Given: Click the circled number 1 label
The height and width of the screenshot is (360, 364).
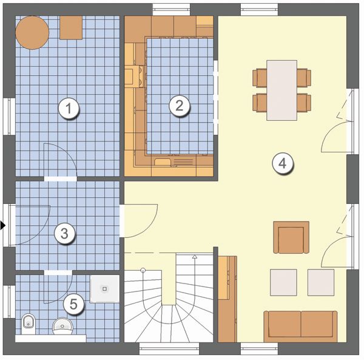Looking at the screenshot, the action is (x=69, y=109).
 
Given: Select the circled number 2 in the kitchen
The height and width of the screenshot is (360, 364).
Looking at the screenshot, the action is (x=179, y=106).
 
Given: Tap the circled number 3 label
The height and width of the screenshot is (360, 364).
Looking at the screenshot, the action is (x=64, y=233).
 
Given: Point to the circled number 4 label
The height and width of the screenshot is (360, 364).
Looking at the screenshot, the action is (x=283, y=163).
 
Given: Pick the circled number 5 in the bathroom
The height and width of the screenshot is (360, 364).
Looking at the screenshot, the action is (x=73, y=304).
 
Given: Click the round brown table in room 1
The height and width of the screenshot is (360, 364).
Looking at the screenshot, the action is (x=32, y=33).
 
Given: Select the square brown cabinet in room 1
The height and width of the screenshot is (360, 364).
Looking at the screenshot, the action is (x=71, y=28).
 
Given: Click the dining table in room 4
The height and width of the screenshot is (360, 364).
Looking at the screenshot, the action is (x=282, y=90).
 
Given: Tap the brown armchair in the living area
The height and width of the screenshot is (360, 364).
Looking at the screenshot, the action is (x=291, y=237).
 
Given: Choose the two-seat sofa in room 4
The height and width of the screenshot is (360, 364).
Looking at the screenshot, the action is (x=300, y=327).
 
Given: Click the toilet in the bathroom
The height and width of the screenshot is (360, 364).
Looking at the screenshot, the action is (x=29, y=324).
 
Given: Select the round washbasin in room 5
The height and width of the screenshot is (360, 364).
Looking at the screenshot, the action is (x=62, y=326).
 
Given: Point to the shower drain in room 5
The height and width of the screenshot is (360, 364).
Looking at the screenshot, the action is (x=104, y=289).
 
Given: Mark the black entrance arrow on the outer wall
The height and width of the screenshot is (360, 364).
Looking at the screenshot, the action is (x=3, y=225).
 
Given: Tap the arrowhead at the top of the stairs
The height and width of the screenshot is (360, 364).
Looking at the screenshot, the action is (x=195, y=257).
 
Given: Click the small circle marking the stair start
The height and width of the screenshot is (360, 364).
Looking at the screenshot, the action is (x=143, y=270).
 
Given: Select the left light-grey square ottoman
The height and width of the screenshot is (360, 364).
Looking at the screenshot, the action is (x=283, y=282).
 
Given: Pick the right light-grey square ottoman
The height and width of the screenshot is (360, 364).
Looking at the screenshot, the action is (x=321, y=282).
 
